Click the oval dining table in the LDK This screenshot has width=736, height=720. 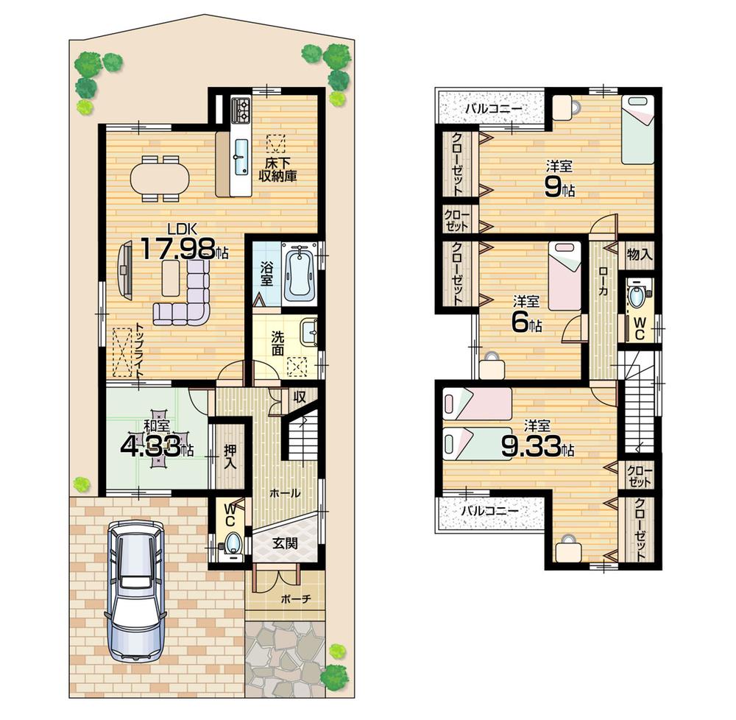click(160, 177)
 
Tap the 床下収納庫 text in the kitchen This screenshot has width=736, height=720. click(277, 170)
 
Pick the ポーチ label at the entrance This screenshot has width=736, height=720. click(291, 599)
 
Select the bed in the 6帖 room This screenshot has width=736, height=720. click(564, 277)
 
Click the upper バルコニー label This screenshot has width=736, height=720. click(492, 109)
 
